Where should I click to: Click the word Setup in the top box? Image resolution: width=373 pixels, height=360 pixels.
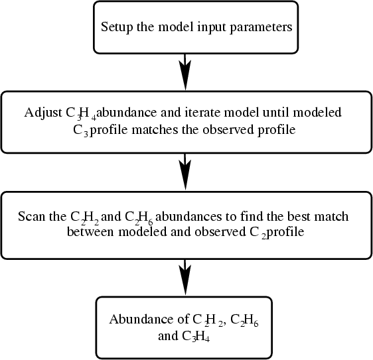pyautogui.click(x=117, y=27)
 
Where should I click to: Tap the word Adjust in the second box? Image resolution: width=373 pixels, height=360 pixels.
pyautogui.click(x=43, y=113)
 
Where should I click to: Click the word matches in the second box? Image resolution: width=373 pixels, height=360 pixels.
pyautogui.click(x=155, y=130)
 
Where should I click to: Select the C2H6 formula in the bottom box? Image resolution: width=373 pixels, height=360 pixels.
pyautogui.click(x=244, y=320)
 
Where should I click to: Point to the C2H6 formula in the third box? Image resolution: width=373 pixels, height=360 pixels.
pyautogui.click(x=139, y=217)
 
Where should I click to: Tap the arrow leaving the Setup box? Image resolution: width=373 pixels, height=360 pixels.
pyautogui.click(x=185, y=72)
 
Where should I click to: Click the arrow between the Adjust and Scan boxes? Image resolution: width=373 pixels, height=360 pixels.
pyautogui.click(x=185, y=172)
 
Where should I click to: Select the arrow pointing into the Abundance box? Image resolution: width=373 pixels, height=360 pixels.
pyautogui.click(x=185, y=277)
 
